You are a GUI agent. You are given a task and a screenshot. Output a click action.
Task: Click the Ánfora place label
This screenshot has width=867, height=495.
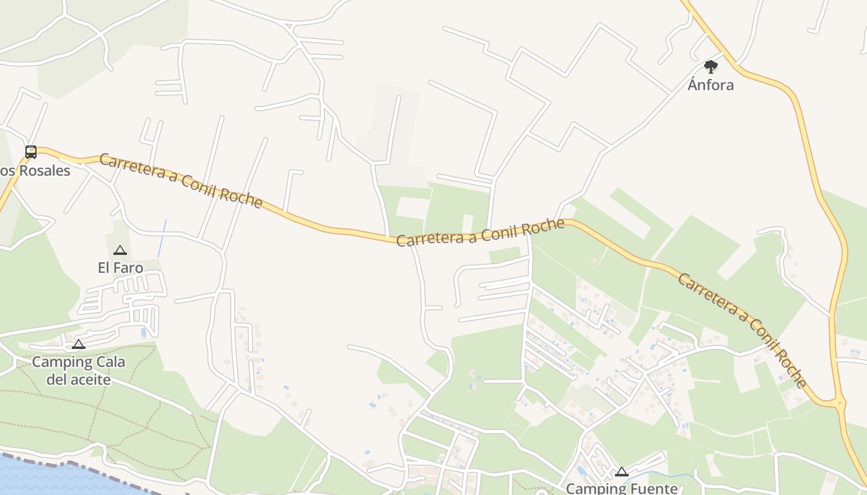click(x=710, y=85)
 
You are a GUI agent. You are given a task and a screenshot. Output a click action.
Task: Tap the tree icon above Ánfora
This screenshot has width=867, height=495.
click(x=710, y=66)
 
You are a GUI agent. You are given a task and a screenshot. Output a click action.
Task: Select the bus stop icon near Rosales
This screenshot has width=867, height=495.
click(x=30, y=152)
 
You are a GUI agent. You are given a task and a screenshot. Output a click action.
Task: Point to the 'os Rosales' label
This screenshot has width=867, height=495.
click(x=35, y=171)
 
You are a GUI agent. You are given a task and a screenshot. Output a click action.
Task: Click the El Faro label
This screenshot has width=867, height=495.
click(x=120, y=268)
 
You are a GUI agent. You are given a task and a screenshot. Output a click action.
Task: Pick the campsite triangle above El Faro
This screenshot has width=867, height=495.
click(x=120, y=251)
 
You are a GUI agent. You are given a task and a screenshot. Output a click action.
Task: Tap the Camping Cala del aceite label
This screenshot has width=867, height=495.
click(x=79, y=370)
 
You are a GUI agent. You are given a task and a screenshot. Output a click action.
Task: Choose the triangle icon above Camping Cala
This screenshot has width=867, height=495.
click(x=79, y=345)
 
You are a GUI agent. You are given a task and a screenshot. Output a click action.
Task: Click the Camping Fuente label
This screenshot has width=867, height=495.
click(x=622, y=488)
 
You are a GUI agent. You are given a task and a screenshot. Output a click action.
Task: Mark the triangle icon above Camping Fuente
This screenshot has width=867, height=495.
click(x=622, y=472)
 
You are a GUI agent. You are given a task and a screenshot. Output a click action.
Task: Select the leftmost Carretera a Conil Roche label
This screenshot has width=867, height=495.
click(x=180, y=181)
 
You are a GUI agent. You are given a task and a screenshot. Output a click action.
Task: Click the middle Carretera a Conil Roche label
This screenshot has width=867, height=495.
click(x=480, y=233)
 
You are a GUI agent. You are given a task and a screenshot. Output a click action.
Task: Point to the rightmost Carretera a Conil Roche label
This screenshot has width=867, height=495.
click(x=743, y=329)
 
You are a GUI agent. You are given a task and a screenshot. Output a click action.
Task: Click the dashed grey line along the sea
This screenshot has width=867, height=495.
click(x=93, y=469)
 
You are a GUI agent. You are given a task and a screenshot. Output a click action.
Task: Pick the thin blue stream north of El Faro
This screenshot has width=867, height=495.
click(x=162, y=238)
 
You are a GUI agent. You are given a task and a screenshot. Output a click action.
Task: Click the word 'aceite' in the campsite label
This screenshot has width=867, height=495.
click(x=79, y=379)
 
